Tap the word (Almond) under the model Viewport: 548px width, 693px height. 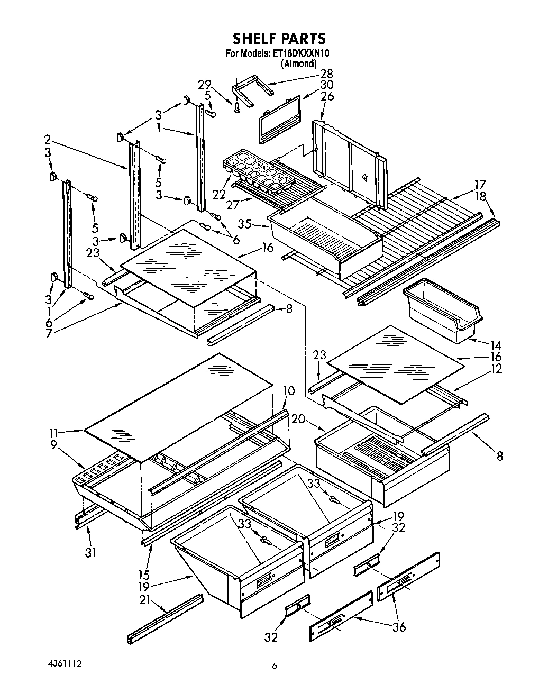pyautogui.click(x=299, y=63)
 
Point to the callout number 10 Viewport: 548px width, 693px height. pyautogui.click(x=288, y=391)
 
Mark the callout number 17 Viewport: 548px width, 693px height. pyautogui.click(x=479, y=185)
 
